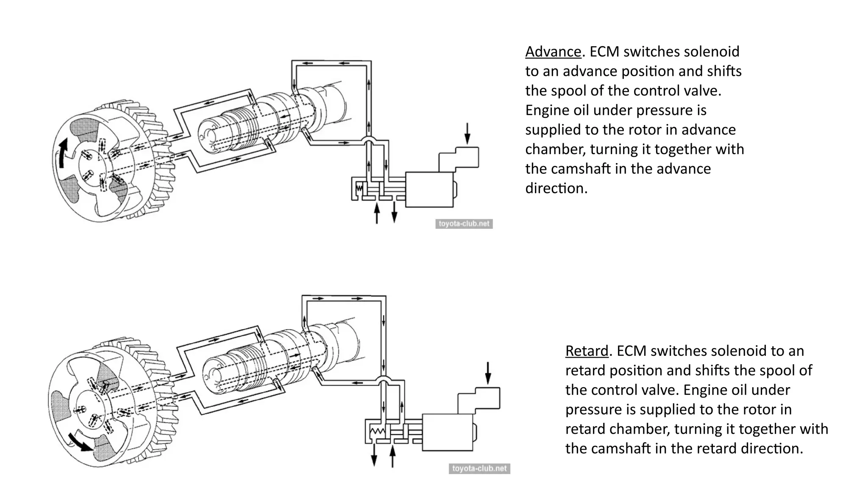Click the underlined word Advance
[x=553, y=52]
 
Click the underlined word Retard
[x=587, y=351]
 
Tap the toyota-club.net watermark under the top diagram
[x=464, y=224]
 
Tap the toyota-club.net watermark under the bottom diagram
[x=479, y=469]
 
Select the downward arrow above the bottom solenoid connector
[x=488, y=373]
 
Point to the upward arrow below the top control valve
[x=376, y=213]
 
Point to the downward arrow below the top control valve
[x=394, y=212]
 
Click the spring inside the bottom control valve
[x=377, y=432]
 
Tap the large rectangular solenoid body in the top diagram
[x=429, y=189]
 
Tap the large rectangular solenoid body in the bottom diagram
[x=447, y=432]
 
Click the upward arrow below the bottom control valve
[x=392, y=456]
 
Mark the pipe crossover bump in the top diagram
[x=368, y=140]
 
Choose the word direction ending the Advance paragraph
[x=556, y=189]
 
